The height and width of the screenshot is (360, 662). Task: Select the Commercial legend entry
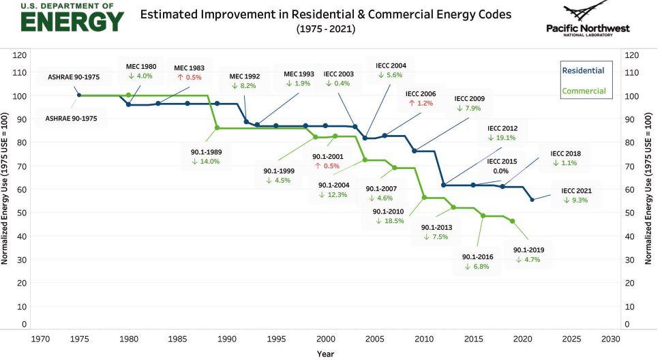tap(583, 91)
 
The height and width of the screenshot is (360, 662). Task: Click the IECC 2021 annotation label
tap(576, 191)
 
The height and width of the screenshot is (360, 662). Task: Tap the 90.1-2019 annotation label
tap(528, 250)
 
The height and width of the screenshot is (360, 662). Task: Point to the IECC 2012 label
tap(502, 127)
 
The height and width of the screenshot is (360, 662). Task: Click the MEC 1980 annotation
tap(141, 67)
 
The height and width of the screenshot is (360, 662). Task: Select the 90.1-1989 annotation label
tap(206, 151)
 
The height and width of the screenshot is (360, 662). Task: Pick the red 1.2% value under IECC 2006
tap(421, 103)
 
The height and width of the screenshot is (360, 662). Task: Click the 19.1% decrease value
tap(502, 137)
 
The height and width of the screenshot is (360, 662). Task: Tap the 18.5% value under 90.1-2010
tap(389, 221)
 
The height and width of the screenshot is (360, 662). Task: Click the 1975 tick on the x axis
tap(78, 338)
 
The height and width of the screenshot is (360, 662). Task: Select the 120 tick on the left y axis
tap(20, 55)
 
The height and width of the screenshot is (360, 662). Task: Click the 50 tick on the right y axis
tap(631, 213)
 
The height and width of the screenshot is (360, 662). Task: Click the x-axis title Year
tap(325, 353)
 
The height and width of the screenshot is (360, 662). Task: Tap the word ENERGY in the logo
tap(72, 21)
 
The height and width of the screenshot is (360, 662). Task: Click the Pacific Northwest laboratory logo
tap(588, 18)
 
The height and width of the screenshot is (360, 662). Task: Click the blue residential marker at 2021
tap(532, 199)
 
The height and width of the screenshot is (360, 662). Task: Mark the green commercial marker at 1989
tap(217, 127)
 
